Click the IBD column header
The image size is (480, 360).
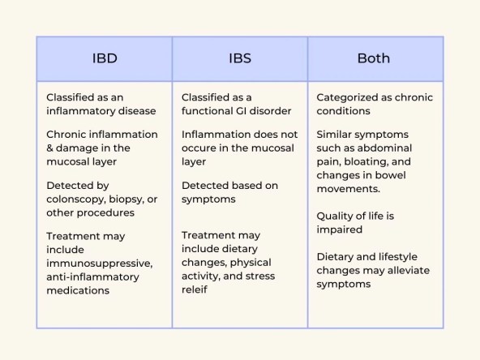pyautogui.click(x=105, y=58)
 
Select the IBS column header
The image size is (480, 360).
pyautogui.click(x=240, y=58)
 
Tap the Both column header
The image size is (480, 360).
pyautogui.click(x=374, y=58)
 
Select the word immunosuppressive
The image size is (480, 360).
pyautogui.click(x=100, y=264)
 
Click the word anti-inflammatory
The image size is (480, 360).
pyautogui.click(x=92, y=276)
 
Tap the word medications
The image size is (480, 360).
pyautogui.click(x=78, y=290)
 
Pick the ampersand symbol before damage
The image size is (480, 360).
pyautogui.click(x=49, y=148)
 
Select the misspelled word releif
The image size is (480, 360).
pyautogui.click(x=195, y=289)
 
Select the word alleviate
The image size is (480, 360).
pyautogui.click(x=407, y=270)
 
